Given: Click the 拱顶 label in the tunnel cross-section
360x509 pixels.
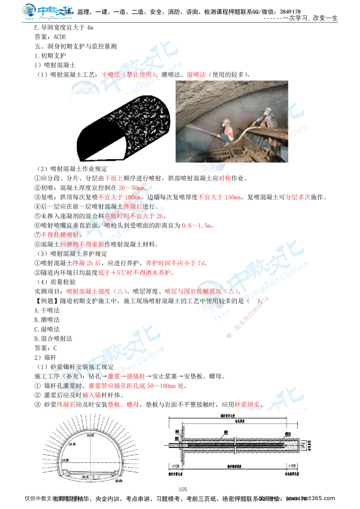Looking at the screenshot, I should (90, 435).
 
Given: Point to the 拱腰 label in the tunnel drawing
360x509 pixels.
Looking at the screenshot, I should (65, 460).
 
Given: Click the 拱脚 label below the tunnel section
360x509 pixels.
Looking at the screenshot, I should (119, 481).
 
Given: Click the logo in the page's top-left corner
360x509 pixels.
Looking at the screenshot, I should (47, 12).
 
